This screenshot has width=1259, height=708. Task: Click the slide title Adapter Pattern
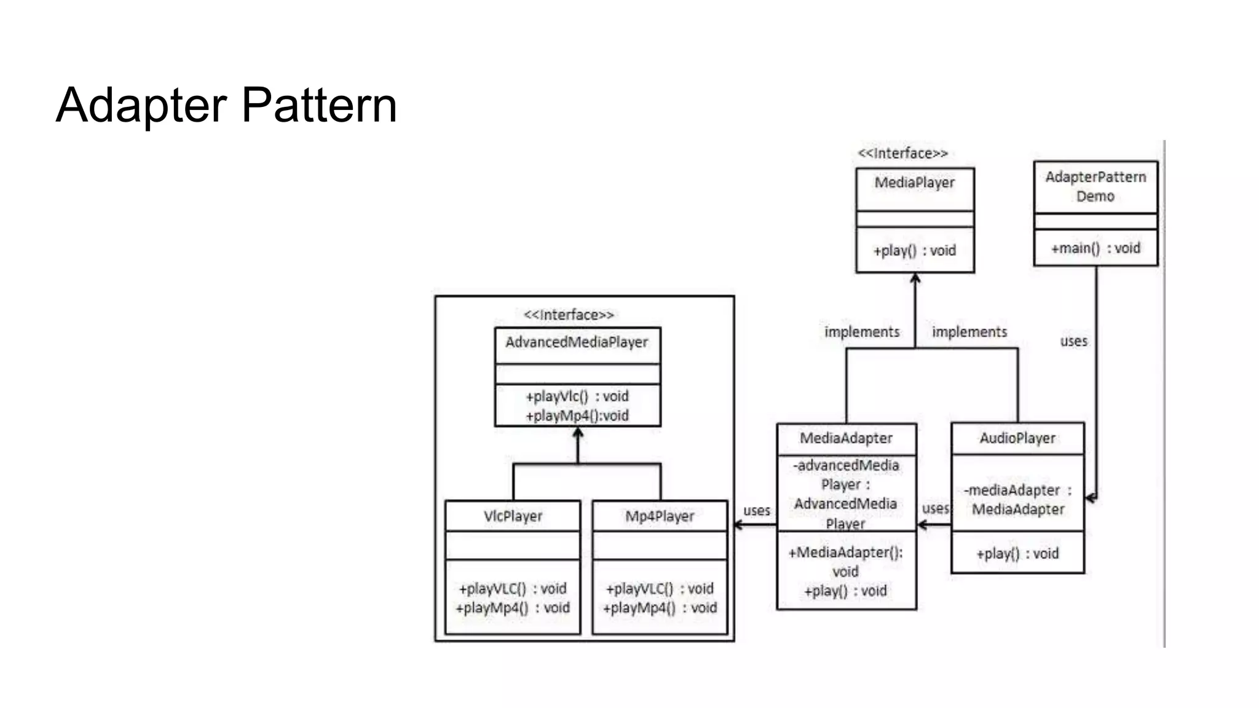(x=226, y=105)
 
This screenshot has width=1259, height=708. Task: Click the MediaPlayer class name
(x=914, y=183)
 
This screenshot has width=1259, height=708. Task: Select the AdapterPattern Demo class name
(x=1095, y=186)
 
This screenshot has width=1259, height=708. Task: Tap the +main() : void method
(x=1095, y=248)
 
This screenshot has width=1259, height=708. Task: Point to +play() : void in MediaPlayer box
(x=914, y=251)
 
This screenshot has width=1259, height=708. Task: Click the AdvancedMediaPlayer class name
(x=577, y=342)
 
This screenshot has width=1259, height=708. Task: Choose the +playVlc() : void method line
(x=577, y=396)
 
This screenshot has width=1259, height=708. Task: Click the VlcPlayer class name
(x=513, y=516)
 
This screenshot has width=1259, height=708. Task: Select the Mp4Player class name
(x=660, y=516)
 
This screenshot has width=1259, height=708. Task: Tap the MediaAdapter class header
(x=846, y=438)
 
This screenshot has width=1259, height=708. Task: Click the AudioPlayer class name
(x=1017, y=438)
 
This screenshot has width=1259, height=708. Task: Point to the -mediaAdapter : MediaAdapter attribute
(x=1017, y=500)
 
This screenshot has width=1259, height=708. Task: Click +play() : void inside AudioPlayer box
(x=1017, y=554)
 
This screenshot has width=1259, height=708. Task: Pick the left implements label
(x=862, y=332)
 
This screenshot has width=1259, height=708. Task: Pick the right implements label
(x=969, y=332)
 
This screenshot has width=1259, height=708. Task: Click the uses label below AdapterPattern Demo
(x=1073, y=341)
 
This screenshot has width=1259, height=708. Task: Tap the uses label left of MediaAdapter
(x=756, y=511)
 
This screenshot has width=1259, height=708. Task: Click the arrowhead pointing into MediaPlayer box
(x=915, y=278)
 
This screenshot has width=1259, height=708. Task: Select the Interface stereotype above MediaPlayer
(x=902, y=154)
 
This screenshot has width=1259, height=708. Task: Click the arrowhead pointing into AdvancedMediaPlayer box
(x=577, y=433)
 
